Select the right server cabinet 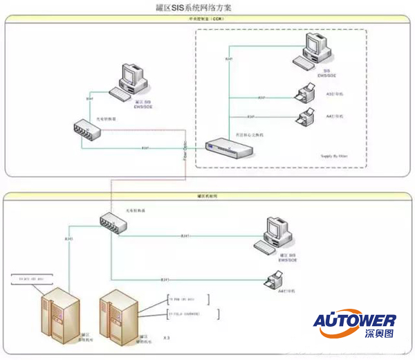click(117, 315)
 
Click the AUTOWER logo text click(355, 321)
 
